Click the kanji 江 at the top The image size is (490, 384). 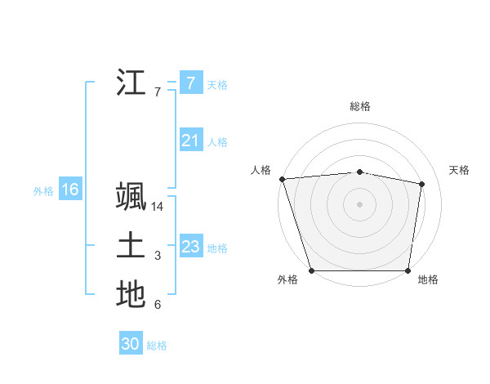(x=131, y=83)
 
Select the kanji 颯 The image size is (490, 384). (x=131, y=198)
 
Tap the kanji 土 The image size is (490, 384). (x=131, y=246)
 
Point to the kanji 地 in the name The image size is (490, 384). (x=131, y=295)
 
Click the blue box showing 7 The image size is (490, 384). (x=190, y=83)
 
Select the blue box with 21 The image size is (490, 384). (x=190, y=141)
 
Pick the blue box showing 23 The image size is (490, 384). (x=190, y=247)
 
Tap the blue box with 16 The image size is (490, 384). (x=70, y=190)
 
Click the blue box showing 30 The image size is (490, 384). (x=131, y=344)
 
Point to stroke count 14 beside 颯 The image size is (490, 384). (x=158, y=207)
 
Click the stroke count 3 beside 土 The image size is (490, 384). (x=158, y=256)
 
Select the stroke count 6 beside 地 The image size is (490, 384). (x=158, y=305)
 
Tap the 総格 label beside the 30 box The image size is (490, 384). (x=157, y=346)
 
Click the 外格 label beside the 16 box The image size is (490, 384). (x=43, y=191)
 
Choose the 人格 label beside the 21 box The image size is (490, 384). (x=217, y=142)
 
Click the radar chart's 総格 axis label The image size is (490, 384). (x=360, y=106)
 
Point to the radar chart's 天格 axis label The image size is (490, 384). (x=459, y=170)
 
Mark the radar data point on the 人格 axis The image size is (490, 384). (x=282, y=179)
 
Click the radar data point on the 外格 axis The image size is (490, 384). (x=312, y=270)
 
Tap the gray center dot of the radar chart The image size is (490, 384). (x=359, y=203)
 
